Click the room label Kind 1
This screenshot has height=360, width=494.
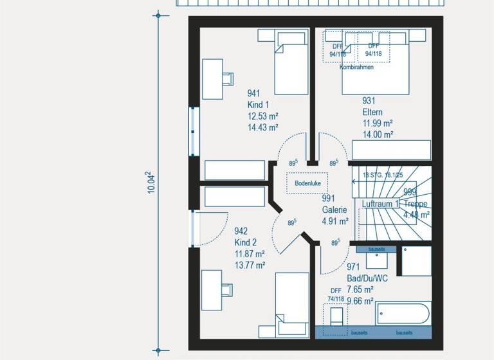pos(258,105)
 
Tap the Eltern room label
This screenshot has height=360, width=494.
pos(372,112)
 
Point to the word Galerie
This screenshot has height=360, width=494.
pos(334,210)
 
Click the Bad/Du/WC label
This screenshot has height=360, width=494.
pos(368,278)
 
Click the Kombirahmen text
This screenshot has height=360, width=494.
pos(356,67)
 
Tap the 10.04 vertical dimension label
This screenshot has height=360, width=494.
pos(150,183)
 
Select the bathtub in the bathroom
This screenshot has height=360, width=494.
pos(403,315)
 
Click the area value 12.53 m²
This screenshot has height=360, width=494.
pos(262,116)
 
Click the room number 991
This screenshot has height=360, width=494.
pos(329,199)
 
